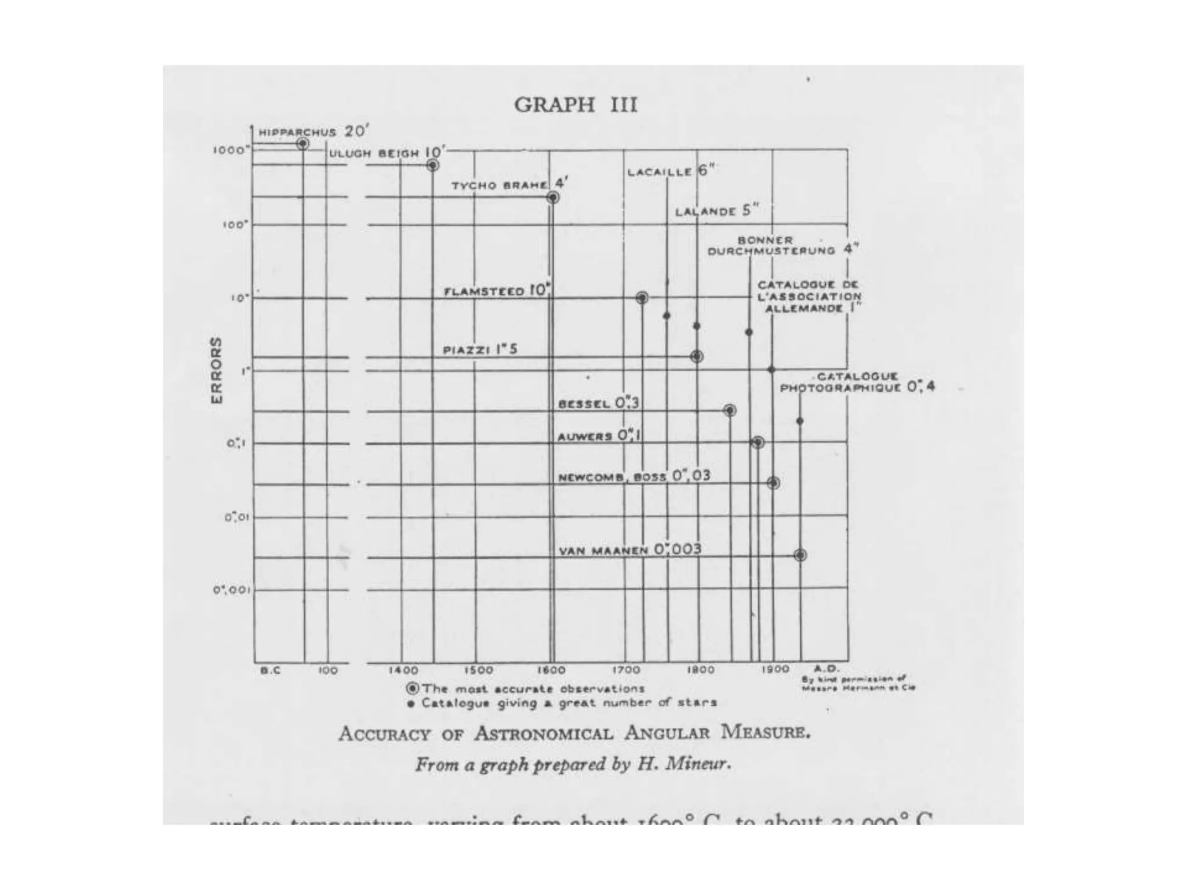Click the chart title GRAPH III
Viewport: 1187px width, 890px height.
click(576, 105)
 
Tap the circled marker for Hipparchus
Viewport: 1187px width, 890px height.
click(303, 144)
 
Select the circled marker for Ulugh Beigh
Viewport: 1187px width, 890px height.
click(432, 165)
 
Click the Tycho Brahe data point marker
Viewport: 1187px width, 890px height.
click(553, 198)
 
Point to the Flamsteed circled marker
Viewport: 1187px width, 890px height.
click(642, 298)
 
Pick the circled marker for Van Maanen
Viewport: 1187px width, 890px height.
click(800, 555)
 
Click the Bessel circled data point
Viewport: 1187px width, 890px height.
click(730, 410)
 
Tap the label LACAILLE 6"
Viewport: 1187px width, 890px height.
click(671, 171)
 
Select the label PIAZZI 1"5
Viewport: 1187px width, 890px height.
click(480, 349)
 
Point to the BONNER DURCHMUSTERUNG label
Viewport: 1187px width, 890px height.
click(771, 246)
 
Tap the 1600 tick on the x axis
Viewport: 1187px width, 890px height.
click(551, 670)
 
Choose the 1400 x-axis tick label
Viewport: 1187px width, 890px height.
click(403, 670)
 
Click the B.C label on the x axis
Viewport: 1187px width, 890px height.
click(270, 670)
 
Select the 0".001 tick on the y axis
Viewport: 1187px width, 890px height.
click(231, 590)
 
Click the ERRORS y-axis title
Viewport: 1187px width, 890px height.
click(216, 370)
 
